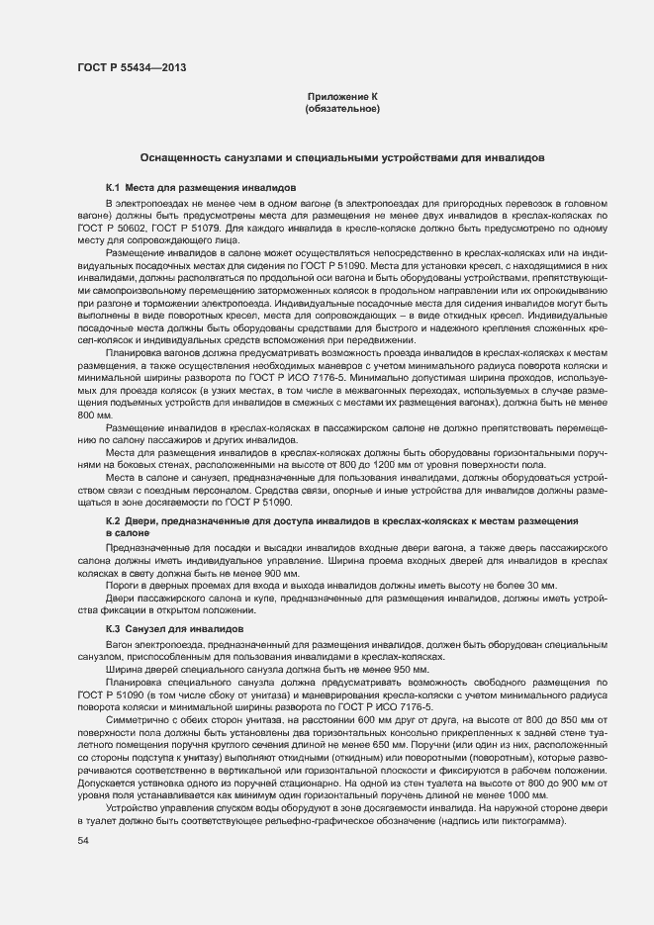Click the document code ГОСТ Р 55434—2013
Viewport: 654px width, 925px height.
point(131,67)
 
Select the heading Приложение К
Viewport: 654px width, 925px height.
point(342,96)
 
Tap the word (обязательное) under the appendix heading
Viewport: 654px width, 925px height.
point(342,108)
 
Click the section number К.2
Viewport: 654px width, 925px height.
point(113,520)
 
